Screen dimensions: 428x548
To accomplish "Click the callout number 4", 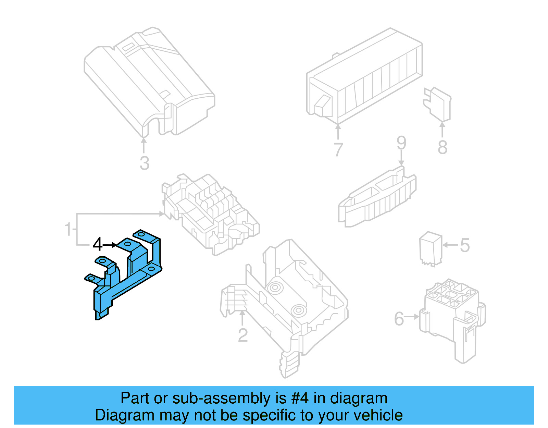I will [98, 245].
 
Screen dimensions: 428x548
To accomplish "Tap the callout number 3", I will [145, 163].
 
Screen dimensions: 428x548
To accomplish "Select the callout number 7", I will [338, 150].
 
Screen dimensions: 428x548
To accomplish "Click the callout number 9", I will [401, 143].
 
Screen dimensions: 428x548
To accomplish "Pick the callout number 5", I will [465, 245].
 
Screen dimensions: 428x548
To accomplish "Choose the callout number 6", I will [399, 319].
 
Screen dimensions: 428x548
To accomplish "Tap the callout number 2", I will [243, 335].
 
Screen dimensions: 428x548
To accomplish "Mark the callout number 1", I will [68, 229].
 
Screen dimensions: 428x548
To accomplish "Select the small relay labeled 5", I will [431, 248].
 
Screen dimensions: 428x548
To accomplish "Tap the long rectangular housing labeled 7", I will [365, 77].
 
